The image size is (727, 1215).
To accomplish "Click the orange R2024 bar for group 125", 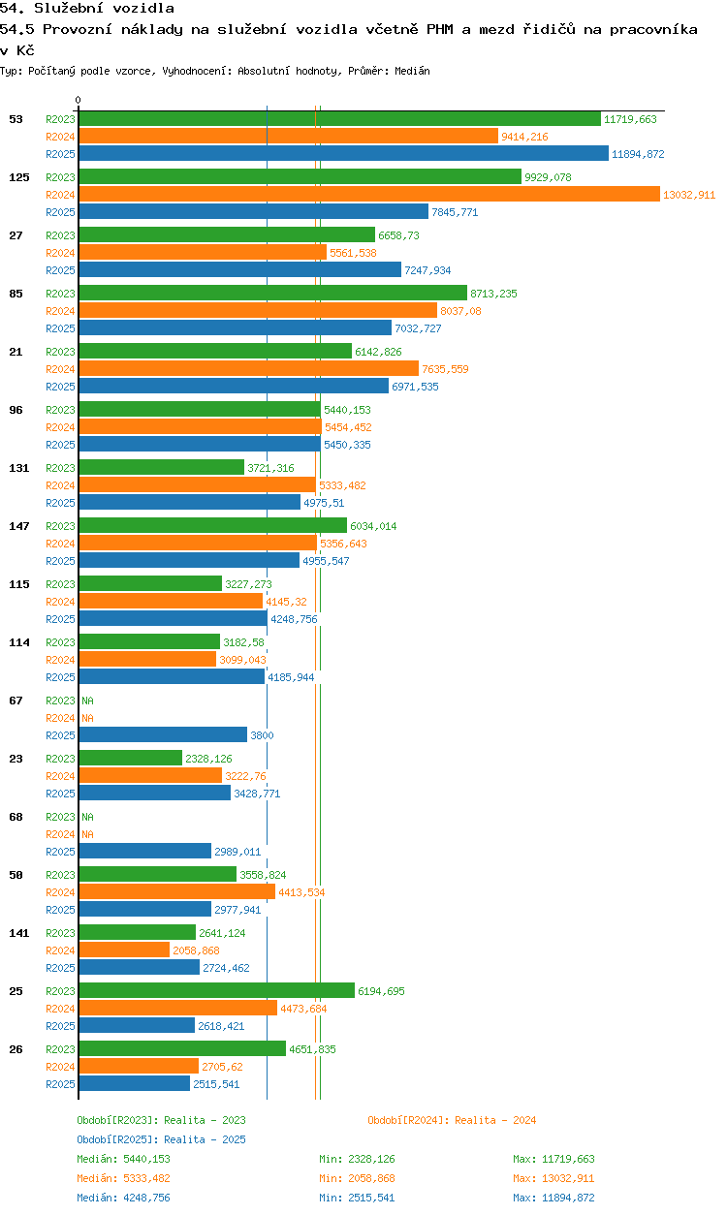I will tap(368, 195).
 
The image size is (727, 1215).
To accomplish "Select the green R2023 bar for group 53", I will tap(339, 119).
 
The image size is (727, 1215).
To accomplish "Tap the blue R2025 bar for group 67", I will tap(163, 735).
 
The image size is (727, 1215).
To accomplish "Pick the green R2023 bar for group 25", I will tap(216, 991).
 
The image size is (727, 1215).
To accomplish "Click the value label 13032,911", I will tap(689, 195).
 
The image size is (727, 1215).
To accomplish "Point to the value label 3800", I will tap(262, 735).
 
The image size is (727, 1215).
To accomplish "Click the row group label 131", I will tap(18, 468).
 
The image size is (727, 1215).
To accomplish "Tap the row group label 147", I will tap(18, 526).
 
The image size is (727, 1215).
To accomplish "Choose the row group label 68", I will tap(16, 817).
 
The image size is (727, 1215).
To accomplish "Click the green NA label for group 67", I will tap(87, 701).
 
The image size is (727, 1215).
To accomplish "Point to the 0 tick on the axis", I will tap(79, 100).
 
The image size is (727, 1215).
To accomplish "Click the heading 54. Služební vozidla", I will tap(87, 9).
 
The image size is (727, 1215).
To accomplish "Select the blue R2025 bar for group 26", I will tap(134, 1084).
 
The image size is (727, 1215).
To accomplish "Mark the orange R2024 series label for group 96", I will tap(60, 427).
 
